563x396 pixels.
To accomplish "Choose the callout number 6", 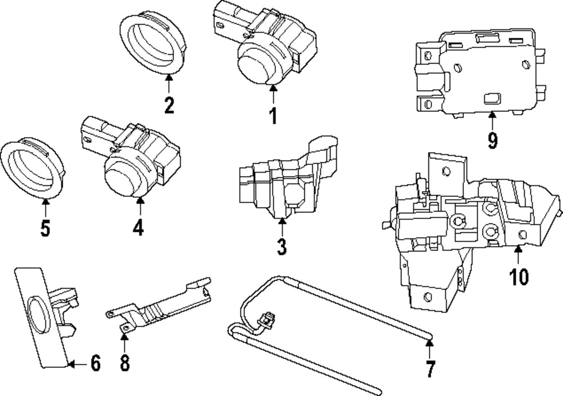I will [x=95, y=364].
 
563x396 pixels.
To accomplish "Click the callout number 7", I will [x=430, y=369].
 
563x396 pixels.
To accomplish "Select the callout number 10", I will [x=519, y=277].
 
